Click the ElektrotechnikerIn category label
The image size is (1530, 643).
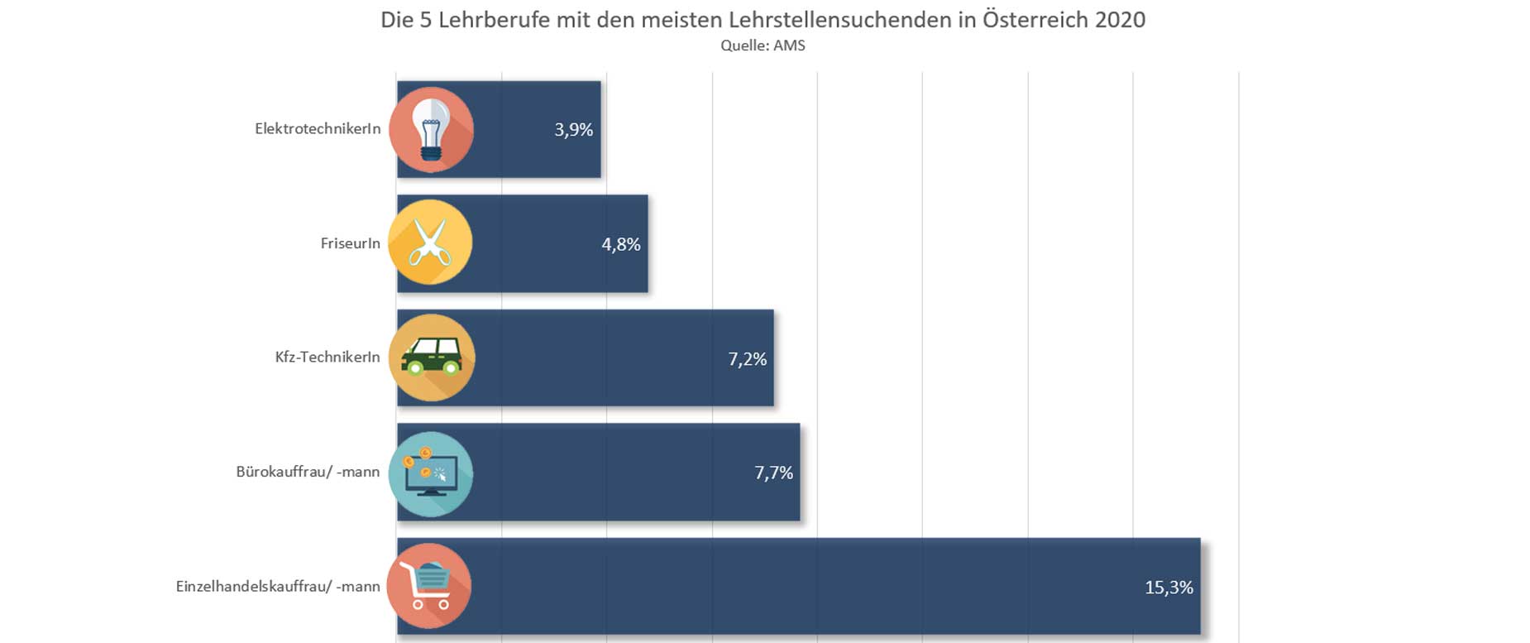318,129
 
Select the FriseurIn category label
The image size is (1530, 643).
350,243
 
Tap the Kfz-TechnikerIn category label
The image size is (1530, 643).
328,357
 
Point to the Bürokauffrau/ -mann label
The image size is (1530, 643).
308,472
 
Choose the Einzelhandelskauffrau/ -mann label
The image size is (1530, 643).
278,587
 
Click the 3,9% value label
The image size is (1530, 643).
573,130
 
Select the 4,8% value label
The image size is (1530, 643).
620,244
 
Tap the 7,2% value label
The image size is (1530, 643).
747,359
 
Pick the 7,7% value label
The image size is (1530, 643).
773,473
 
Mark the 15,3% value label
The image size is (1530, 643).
1168,588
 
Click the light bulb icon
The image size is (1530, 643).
431,130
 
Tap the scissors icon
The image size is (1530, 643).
430,242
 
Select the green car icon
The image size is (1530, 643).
432,357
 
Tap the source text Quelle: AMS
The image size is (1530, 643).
763,46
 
